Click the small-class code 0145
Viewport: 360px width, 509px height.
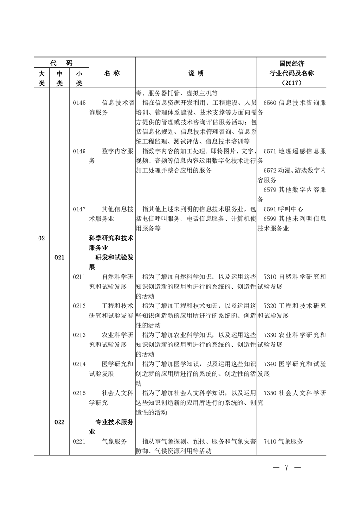click(79, 103)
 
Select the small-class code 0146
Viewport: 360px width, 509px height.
click(79, 151)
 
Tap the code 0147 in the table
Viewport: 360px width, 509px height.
click(79, 209)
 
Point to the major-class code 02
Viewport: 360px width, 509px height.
click(42, 239)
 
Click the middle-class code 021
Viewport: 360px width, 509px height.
click(60, 258)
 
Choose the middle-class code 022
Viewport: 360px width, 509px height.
click(60, 422)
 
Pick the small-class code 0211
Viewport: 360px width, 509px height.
click(79, 277)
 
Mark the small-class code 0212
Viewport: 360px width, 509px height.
click(79, 306)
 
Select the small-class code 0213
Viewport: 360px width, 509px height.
click(79, 335)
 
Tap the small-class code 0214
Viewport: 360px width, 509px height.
click(79, 364)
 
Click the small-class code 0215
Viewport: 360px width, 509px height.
click(79, 393)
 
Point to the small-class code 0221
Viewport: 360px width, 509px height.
click(79, 441)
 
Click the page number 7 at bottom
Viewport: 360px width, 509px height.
click(287, 468)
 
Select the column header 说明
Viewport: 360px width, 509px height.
click(196, 73)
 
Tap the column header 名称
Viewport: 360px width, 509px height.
click(112, 73)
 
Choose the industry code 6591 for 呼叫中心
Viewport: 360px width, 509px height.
click(271, 209)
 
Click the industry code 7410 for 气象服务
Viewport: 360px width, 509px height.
click(271, 441)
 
